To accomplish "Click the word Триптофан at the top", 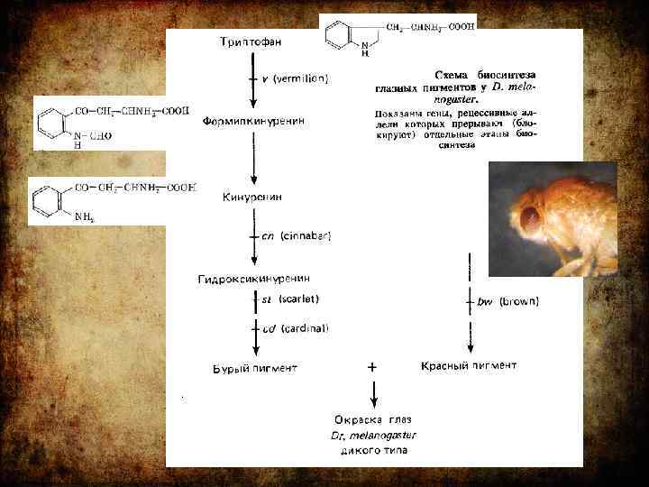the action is (251, 42).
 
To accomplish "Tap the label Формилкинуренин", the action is (253, 120).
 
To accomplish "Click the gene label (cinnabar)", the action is (306, 236).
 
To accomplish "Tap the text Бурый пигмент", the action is (254, 368).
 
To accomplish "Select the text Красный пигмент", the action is (469, 365).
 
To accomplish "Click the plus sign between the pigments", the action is (372, 368).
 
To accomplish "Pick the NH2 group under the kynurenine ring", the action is (85, 217).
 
